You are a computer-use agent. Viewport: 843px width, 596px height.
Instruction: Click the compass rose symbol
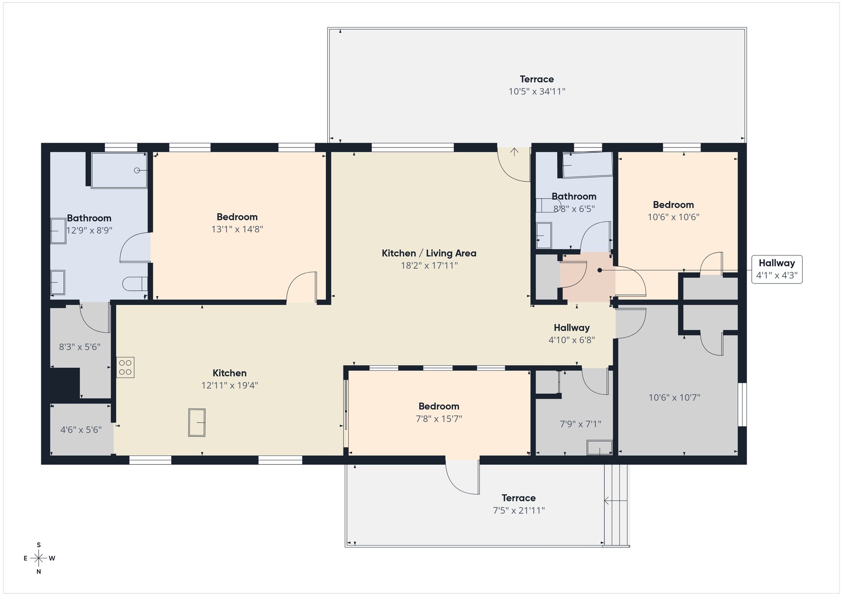pos(39,558)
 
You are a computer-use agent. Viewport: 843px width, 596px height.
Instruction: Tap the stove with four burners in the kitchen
pos(125,367)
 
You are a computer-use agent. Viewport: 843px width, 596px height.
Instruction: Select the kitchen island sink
pos(197,422)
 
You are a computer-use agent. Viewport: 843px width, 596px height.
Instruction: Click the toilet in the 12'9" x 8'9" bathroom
pos(135,284)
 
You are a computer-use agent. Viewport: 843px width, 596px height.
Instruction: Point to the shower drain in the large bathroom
pos(137,170)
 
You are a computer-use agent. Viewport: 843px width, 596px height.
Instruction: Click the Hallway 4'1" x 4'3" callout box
pos(777,269)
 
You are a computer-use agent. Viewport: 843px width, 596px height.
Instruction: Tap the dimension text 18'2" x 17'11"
pos(429,265)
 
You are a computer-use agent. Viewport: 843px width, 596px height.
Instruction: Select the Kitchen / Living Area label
pos(429,253)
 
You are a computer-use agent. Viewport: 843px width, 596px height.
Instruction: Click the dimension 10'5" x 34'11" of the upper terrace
pos(537,91)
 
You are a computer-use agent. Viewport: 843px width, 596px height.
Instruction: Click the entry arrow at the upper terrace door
pos(514,152)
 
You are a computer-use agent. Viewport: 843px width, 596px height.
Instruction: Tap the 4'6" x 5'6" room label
pos(81,430)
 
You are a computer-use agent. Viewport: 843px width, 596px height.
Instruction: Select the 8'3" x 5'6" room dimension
pos(79,347)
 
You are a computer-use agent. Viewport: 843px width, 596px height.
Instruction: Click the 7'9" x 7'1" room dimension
pos(580,424)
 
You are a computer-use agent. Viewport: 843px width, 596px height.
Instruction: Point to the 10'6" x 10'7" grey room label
pos(674,398)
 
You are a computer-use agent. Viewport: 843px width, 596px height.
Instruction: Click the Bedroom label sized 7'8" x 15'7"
pos(439,406)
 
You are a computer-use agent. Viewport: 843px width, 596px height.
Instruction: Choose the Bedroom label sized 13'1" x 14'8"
pos(237,217)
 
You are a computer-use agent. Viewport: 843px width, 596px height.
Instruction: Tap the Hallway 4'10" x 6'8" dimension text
pos(572,340)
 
